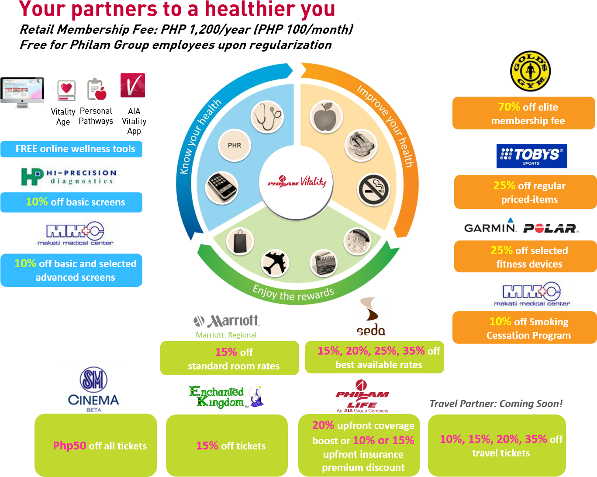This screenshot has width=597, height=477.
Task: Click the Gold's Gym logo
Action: pyautogui.click(x=530, y=71)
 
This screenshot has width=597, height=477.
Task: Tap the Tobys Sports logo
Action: pyautogui.click(x=531, y=156)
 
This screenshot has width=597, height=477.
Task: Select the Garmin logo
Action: pyautogui.click(x=490, y=226)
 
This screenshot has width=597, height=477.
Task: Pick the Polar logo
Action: pyautogui.click(x=551, y=228)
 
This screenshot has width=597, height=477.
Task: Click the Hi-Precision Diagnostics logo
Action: pyautogui.click(x=69, y=177)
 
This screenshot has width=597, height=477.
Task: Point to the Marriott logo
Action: pyautogui.click(x=226, y=322)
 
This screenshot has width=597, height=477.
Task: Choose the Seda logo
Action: pyautogui.click(x=371, y=316)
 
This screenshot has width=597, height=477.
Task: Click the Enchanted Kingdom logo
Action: pyautogui.click(x=226, y=397)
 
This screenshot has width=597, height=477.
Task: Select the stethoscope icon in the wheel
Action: pyautogui.click(x=267, y=118)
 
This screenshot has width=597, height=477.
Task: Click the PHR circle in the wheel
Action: pyautogui.click(x=235, y=145)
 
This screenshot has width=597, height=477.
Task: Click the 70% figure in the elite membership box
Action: pyautogui.click(x=509, y=107)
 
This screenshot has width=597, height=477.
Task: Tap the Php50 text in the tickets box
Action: pyautogui.click(x=69, y=446)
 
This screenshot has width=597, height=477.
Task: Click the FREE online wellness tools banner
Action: pyautogui.click(x=71, y=149)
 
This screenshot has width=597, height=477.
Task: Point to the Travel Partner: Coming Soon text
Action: pyautogui.click(x=496, y=404)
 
